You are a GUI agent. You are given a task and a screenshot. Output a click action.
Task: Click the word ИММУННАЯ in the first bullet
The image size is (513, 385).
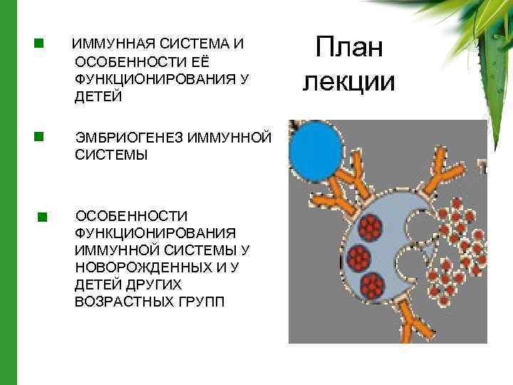pos(104,44)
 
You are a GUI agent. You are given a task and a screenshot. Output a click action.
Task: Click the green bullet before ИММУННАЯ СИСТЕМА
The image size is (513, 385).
pos(39,43)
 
